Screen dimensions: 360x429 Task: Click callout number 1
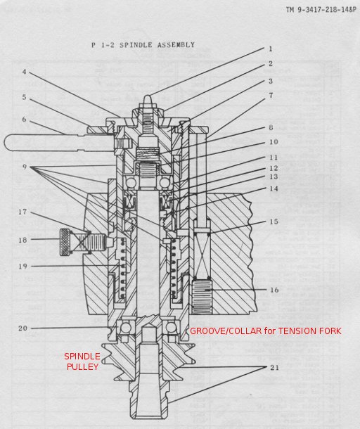271,49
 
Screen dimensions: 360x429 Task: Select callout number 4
25,72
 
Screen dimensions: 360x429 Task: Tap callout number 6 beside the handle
25,120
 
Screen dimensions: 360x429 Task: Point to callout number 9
25,167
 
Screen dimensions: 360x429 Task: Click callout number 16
274,290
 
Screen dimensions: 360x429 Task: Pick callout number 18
22,240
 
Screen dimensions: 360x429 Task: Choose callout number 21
274,367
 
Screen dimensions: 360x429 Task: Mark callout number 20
22,328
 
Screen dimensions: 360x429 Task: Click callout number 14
274,188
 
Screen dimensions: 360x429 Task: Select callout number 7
271,96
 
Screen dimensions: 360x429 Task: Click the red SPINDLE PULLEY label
82,361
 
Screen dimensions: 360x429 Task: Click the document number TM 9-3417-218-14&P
321,10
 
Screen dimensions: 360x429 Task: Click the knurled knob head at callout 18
65,243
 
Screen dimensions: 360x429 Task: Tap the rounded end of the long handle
8,143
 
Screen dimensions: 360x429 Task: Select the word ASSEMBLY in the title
176,45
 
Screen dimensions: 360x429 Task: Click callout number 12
274,168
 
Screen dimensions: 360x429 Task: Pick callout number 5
25,97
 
